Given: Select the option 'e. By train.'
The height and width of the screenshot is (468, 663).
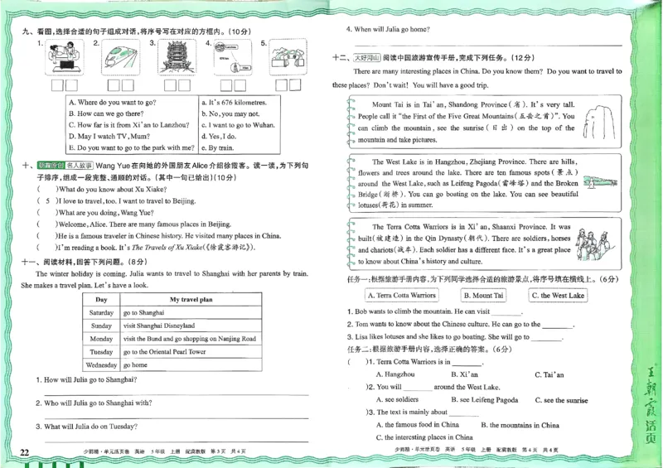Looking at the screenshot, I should (219, 147).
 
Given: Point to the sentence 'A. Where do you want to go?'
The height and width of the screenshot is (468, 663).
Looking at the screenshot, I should (112, 102).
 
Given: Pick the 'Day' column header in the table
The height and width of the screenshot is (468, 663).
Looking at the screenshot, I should (101, 299).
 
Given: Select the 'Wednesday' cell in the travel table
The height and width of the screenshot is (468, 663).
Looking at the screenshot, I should (101, 364).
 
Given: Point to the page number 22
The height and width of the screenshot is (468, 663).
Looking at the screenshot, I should (24, 452).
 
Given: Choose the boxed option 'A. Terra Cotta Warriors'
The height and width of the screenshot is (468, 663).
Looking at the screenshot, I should (401, 295).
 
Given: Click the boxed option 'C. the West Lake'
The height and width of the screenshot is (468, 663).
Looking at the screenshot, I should (558, 295).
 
